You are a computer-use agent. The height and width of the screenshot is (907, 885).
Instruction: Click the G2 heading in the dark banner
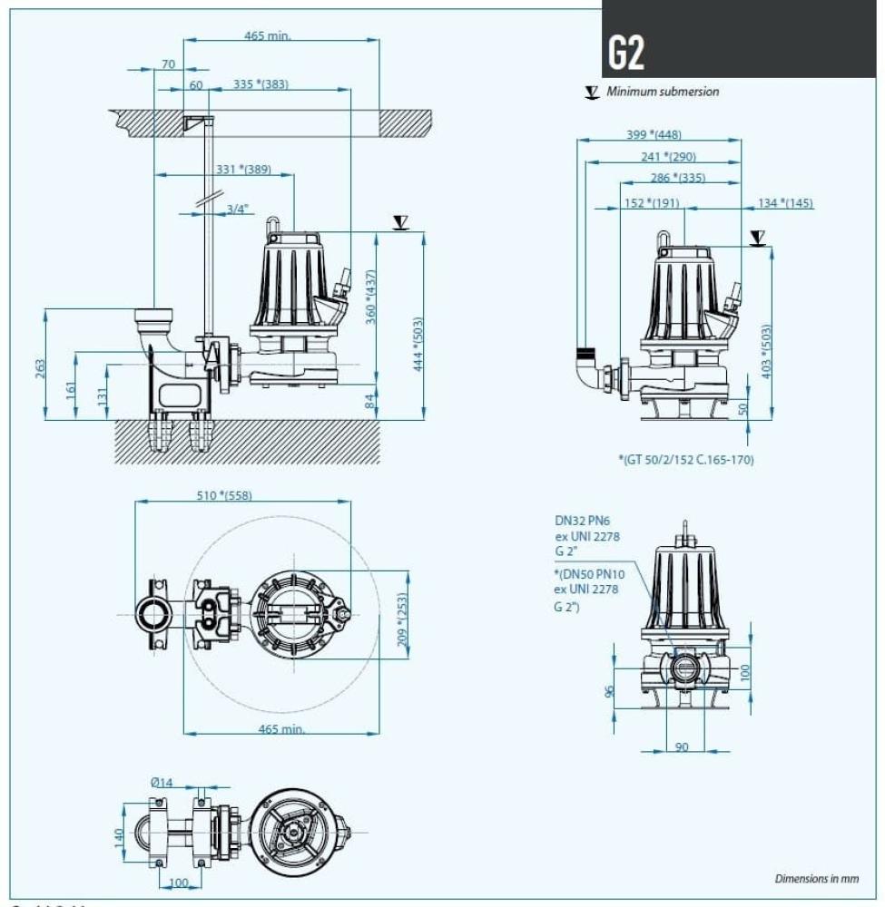pos(626,54)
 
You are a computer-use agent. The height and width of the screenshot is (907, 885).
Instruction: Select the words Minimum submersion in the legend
pos(663,92)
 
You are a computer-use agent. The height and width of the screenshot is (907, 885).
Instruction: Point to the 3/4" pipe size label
pos(237,209)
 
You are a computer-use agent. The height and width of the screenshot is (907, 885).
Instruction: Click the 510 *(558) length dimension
pos(224,495)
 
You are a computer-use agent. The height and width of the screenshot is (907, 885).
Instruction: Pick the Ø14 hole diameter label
pos(162,782)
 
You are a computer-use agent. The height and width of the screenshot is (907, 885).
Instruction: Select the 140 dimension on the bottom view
pos(119,837)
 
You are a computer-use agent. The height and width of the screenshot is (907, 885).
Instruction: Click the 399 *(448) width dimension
pos(654,135)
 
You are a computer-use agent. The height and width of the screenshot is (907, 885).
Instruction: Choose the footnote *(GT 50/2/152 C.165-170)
pos(685,460)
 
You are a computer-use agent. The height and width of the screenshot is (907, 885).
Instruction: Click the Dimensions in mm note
pos(816,879)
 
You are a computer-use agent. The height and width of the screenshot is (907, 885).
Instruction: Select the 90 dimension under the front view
pos(682,746)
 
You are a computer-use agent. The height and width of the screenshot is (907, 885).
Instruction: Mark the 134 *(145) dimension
pos(785,203)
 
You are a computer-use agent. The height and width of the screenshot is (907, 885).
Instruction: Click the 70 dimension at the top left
pos(168,63)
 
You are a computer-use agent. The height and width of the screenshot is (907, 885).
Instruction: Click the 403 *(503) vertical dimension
pos(766,352)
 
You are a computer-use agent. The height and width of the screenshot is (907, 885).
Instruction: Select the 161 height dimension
pos(71,387)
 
